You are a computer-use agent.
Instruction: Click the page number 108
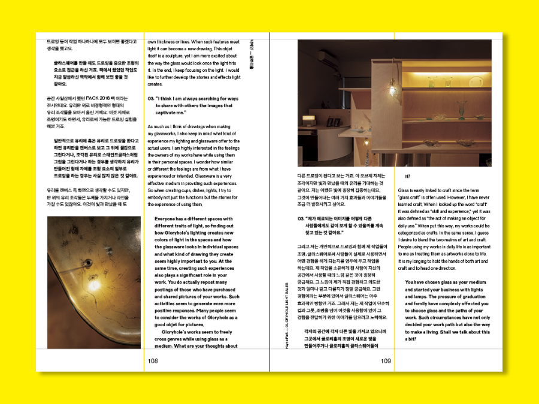pyautogui.click(x=153, y=361)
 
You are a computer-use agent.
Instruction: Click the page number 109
pyautogui.click(x=386, y=361)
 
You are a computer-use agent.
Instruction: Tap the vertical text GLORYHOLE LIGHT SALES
pyautogui.click(x=289, y=317)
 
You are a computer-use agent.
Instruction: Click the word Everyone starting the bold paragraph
pyautogui.click(x=166, y=218)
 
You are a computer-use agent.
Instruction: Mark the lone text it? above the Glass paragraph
pyautogui.click(x=408, y=176)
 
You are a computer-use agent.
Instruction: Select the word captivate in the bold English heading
pyautogui.click(x=166, y=112)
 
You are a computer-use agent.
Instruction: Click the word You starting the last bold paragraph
pyautogui.click(x=409, y=282)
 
